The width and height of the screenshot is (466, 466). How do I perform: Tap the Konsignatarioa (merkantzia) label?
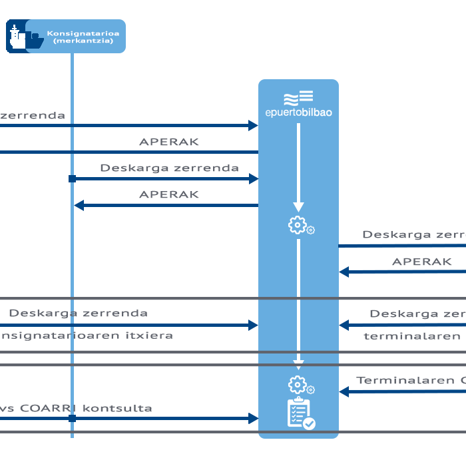click(x=83, y=37)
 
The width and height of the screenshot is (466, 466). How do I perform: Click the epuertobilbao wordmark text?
click(x=298, y=113)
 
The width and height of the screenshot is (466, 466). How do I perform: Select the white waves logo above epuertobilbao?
click(x=298, y=98)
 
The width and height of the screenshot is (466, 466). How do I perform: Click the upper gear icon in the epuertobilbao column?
click(x=298, y=225)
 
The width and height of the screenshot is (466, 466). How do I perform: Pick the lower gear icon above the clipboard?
click(x=298, y=384)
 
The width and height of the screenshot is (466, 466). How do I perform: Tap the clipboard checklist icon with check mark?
click(x=300, y=413)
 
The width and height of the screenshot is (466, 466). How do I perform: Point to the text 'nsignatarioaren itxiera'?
click(x=86, y=336)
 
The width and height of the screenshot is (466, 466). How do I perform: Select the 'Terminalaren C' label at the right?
click(x=410, y=381)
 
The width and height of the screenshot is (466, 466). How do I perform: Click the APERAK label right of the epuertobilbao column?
click(x=421, y=262)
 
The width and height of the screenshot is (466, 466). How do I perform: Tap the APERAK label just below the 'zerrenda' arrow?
click(x=168, y=142)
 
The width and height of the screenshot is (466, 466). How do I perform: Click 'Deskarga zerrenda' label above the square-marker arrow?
click(x=169, y=168)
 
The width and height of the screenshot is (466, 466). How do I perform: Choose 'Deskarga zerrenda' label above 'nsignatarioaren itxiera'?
click(x=79, y=313)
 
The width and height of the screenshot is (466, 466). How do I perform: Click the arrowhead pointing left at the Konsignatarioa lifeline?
click(x=79, y=206)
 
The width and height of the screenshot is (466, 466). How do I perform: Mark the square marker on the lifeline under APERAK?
click(x=72, y=178)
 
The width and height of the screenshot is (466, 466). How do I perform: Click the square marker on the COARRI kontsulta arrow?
click(x=72, y=418)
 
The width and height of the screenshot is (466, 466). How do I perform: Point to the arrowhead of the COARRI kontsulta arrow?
click(x=253, y=418)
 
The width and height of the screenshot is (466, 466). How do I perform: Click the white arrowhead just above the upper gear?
click(x=298, y=206)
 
